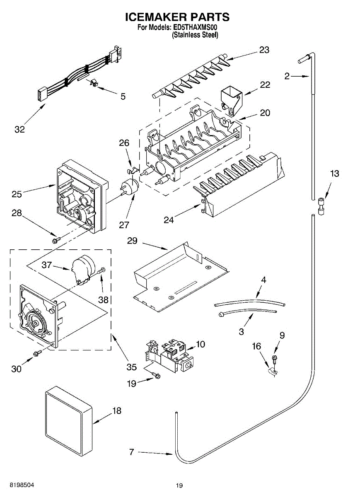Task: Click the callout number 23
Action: click(264, 50)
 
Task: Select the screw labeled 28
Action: click(55, 239)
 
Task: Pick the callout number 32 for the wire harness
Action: click(19, 129)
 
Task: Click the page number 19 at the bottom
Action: click(179, 485)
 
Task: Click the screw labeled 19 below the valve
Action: click(157, 375)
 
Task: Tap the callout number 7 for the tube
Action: click(131, 452)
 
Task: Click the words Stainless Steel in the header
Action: click(195, 35)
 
